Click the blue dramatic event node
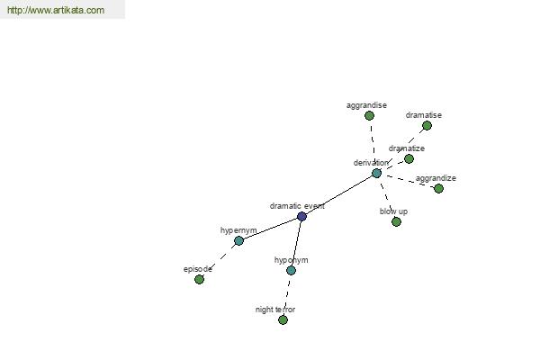(x=301, y=216)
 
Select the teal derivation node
(x=377, y=173)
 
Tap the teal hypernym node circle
(x=238, y=240)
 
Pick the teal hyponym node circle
(x=291, y=270)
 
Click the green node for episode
(x=199, y=279)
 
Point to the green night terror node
(x=283, y=320)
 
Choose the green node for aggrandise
(x=369, y=116)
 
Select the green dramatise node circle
(x=427, y=126)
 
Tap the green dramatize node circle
(x=409, y=158)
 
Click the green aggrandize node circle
(x=438, y=188)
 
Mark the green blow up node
(x=396, y=222)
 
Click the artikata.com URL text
(x=56, y=10)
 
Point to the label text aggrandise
(x=366, y=105)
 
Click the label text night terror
(x=275, y=310)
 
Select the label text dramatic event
(x=297, y=206)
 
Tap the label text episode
(x=198, y=269)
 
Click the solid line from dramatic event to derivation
(x=339, y=194)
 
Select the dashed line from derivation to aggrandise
(x=373, y=145)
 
